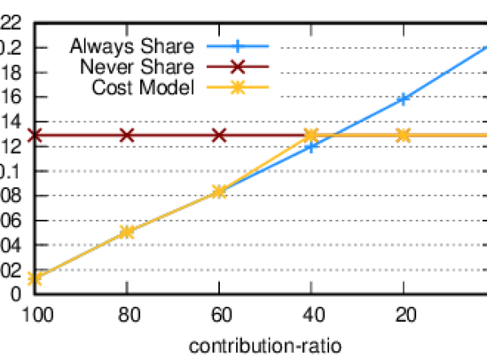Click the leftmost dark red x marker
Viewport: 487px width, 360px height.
[x=34, y=134]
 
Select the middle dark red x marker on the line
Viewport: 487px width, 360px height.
[x=126, y=134]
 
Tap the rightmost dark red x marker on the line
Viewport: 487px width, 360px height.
[x=219, y=134]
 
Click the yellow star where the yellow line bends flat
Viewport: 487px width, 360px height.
[x=310, y=134]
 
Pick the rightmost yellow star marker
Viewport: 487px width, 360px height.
[x=403, y=134]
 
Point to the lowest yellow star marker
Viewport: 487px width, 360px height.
[x=34, y=279]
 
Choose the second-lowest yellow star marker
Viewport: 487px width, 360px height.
[x=126, y=232]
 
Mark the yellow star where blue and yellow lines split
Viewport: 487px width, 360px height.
[x=218, y=191]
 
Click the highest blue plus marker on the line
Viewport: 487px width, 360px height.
[x=402, y=99]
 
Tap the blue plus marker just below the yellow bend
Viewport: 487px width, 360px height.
[x=310, y=147]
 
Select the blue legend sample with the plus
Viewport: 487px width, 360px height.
[x=237, y=46]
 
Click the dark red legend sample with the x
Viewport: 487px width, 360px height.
[x=237, y=66]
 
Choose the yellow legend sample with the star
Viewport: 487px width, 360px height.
[x=237, y=86]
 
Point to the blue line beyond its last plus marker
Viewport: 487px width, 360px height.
[x=448, y=72]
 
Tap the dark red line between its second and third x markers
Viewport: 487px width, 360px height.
[x=173, y=134]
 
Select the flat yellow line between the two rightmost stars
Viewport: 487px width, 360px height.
[x=358, y=134]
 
